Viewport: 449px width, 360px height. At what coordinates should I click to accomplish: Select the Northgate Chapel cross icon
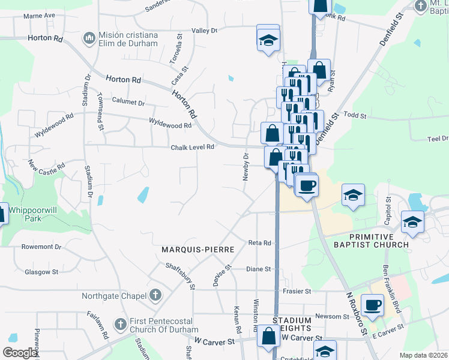pyautogui.click(x=155, y=295)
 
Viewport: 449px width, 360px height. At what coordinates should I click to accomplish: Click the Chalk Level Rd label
pyautogui.click(x=192, y=147)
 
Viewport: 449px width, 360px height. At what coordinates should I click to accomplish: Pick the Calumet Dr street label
pyautogui.click(x=127, y=103)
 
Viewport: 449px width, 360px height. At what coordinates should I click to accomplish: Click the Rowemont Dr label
pyautogui.click(x=38, y=247)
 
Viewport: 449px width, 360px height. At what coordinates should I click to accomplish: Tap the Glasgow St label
pyautogui.click(x=41, y=272)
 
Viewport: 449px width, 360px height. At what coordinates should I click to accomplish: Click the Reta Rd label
pyautogui.click(x=260, y=243)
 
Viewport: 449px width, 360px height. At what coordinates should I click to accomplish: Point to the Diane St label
pyautogui.click(x=259, y=269)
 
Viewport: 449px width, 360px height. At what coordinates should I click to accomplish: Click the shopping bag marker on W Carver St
pyautogui.click(x=268, y=337)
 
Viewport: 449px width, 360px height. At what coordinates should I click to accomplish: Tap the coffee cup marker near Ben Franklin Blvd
pyautogui.click(x=372, y=305)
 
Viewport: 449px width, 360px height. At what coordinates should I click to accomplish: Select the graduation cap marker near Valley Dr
pyautogui.click(x=268, y=40)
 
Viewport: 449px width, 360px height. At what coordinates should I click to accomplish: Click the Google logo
pyautogui.click(x=20, y=353)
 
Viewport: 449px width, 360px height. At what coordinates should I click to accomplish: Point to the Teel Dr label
pyautogui.click(x=436, y=139)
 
